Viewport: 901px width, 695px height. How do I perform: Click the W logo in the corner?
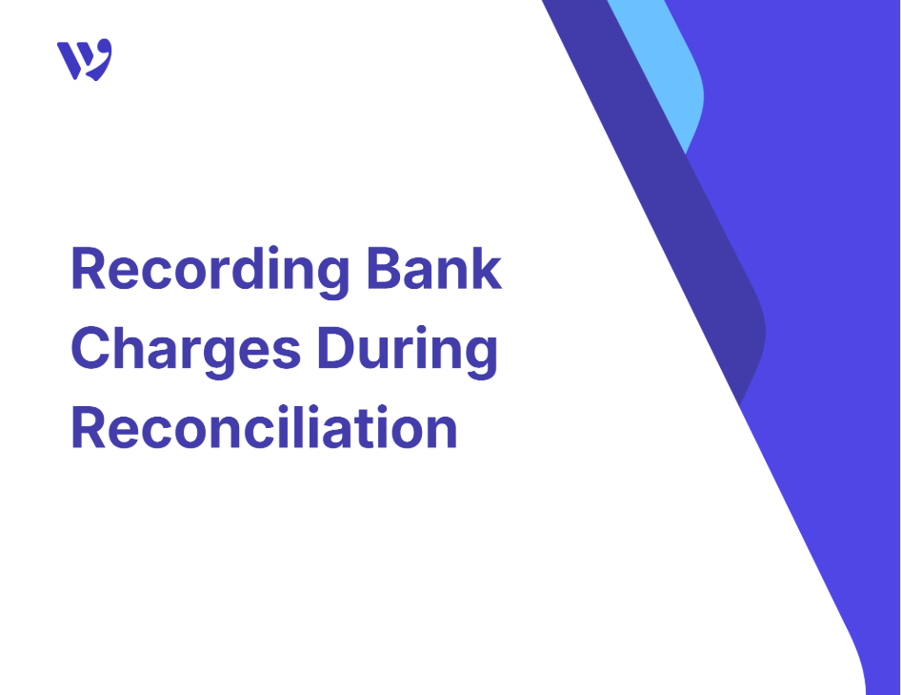[85, 60]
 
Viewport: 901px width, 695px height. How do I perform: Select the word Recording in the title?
[210, 272]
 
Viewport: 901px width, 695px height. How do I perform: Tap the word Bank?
[434, 269]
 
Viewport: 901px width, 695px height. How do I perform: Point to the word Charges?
[186, 351]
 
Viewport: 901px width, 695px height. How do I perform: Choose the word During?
[408, 351]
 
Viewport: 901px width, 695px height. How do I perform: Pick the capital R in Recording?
[89, 269]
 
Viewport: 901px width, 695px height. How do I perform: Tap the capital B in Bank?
[383, 269]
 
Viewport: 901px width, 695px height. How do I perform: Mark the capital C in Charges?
[90, 348]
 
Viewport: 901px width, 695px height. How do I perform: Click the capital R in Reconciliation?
[89, 427]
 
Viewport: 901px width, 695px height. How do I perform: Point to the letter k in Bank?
[487, 269]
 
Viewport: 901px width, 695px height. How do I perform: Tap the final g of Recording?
[332, 278]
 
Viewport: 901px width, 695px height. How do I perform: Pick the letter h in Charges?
[131, 348]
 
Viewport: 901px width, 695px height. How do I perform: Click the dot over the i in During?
[421, 330]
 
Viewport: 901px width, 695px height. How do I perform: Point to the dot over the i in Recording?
[273, 251]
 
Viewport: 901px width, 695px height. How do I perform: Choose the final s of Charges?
[286, 354]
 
